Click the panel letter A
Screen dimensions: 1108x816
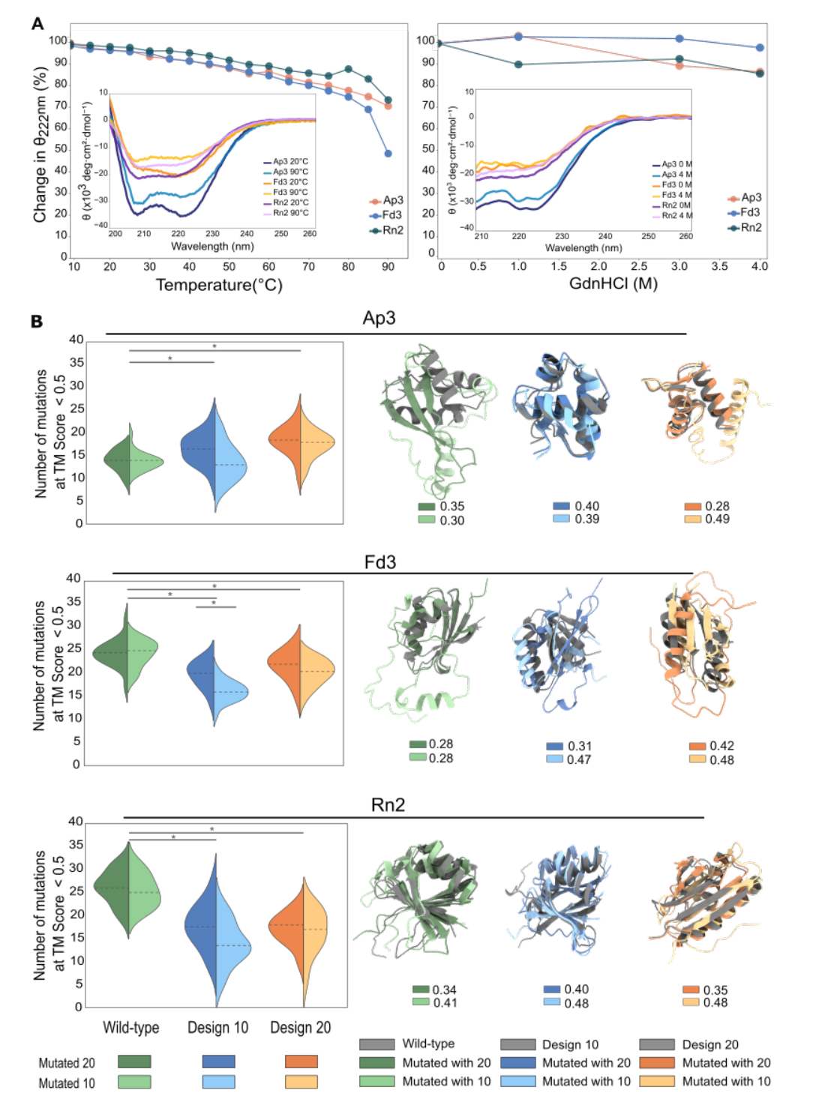(37, 24)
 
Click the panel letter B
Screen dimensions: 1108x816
(37, 322)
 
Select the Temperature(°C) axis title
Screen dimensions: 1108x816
(219, 285)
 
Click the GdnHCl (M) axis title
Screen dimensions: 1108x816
(613, 283)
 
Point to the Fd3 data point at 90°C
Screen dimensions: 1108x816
(388, 154)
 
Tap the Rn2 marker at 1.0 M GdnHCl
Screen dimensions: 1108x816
(518, 64)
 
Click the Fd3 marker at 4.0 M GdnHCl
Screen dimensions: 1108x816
(760, 48)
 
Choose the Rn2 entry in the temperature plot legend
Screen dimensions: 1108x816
(386, 230)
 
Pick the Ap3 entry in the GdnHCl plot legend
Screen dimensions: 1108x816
(744, 198)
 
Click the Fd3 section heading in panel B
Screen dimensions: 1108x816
(379, 562)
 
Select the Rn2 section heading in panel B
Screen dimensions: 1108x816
(388, 805)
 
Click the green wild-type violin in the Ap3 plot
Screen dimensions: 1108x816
(130, 460)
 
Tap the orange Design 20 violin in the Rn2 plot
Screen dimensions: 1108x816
(303, 930)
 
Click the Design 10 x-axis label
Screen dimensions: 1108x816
(217, 1027)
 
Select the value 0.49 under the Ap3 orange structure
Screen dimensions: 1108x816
(717, 519)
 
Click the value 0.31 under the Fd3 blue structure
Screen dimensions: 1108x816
(579, 746)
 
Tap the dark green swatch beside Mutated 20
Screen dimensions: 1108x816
(134, 1062)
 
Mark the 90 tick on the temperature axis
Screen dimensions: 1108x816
(388, 267)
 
